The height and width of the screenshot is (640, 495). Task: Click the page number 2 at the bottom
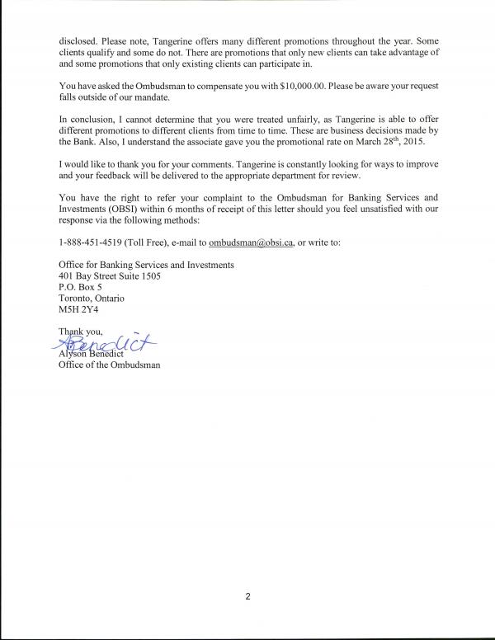(x=247, y=599)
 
